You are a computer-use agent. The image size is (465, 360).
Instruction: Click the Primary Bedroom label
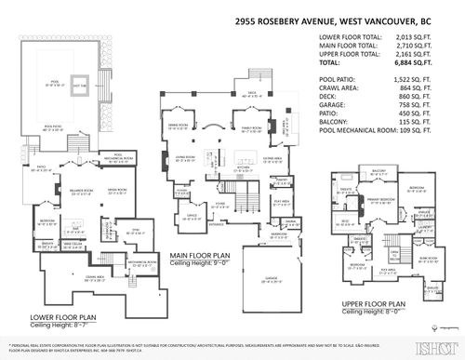point(386,199)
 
